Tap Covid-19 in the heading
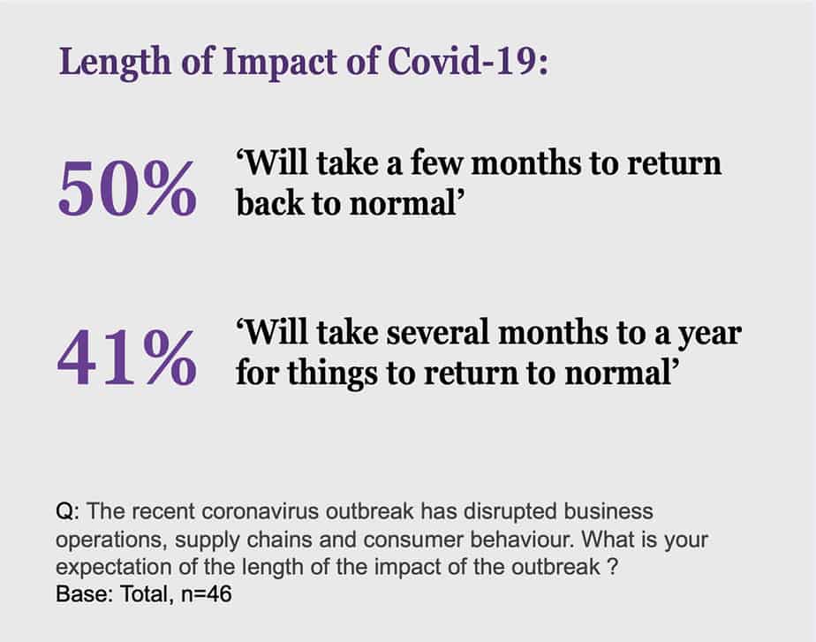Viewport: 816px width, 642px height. pyautogui.click(x=465, y=61)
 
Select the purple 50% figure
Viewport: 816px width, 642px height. pyautogui.click(x=127, y=188)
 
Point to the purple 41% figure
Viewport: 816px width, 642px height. pyautogui.click(x=127, y=359)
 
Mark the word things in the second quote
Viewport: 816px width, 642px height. pyautogui.click(x=333, y=374)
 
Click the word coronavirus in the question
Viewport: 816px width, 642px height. pyautogui.click(x=260, y=511)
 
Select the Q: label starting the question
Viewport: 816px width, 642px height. pyautogui.click(x=68, y=512)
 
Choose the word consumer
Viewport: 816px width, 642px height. pyautogui.click(x=413, y=540)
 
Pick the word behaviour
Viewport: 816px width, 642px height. pyautogui.click(x=522, y=540)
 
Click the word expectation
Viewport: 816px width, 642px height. pyautogui.click(x=113, y=568)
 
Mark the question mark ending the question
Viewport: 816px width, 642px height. pyautogui.click(x=612, y=566)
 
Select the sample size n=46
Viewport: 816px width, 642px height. pyautogui.click(x=206, y=594)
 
